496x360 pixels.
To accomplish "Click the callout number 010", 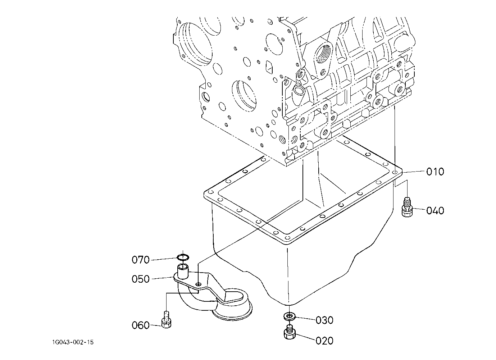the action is tap(435, 172).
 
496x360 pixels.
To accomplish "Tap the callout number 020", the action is tap(324, 341).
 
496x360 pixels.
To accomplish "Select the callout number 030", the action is tap(324, 320).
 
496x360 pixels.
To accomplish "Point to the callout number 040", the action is tap(435, 210).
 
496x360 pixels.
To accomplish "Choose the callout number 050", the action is tap(141, 279).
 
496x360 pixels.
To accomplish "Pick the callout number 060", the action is tap(141, 325).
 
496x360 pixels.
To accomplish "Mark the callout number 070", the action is tap(141, 260).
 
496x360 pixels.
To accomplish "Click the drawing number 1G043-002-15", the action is tap(73, 342).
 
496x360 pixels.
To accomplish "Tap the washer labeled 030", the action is tap(289, 316).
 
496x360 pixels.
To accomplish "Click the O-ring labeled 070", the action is tap(183, 257).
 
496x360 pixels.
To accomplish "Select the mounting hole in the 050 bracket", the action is tap(199, 284).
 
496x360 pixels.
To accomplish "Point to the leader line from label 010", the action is tap(414, 172).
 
